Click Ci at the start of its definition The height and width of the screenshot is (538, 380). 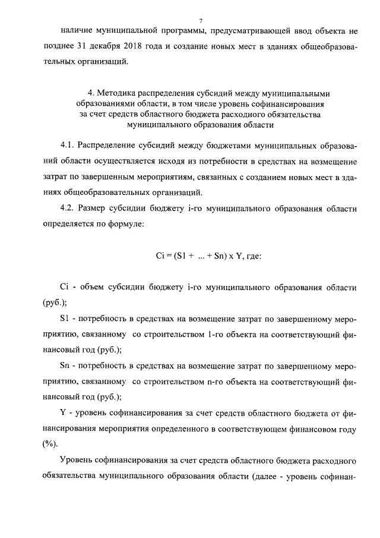pos(65,287)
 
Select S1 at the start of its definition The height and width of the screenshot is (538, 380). pos(65,319)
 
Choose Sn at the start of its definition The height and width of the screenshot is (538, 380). pos(65,366)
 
